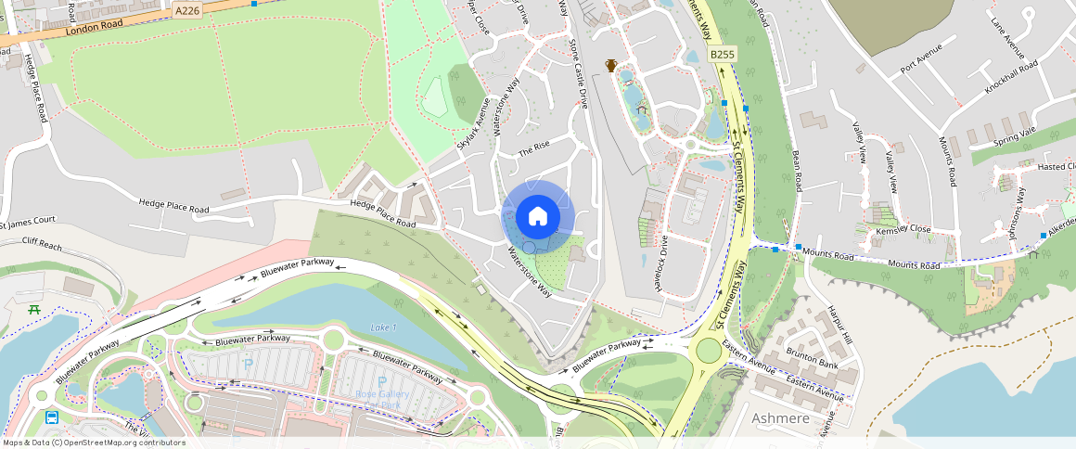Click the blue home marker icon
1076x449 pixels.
pyautogui.click(x=537, y=217)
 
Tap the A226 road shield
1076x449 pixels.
pyautogui.click(x=186, y=10)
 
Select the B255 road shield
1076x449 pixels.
pyautogui.click(x=722, y=55)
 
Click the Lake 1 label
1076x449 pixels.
pyautogui.click(x=383, y=327)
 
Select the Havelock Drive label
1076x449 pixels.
pyautogui.click(x=663, y=263)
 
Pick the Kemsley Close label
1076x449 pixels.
pyautogui.click(x=905, y=228)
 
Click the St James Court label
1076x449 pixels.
pyautogui.click(x=28, y=221)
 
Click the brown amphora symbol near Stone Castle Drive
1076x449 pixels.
pyautogui.click(x=611, y=65)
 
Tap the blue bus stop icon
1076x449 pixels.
pyautogui.click(x=52, y=417)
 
